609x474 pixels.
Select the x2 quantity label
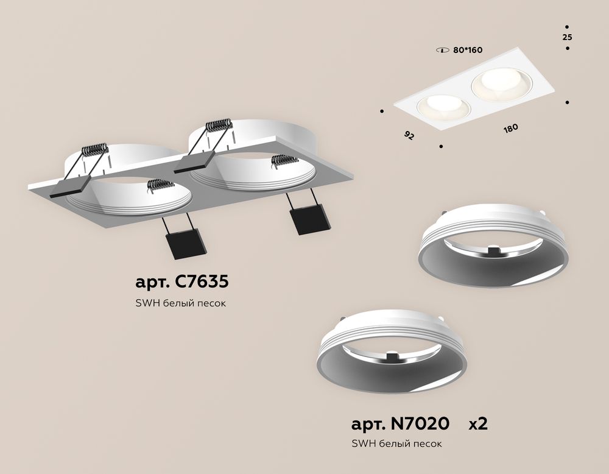click(x=478, y=423)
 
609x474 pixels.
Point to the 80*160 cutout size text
click(x=468, y=50)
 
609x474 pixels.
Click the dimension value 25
click(x=568, y=37)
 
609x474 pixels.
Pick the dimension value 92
click(x=409, y=135)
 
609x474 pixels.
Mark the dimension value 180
click(x=511, y=129)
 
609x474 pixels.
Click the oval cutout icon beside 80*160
click(x=443, y=50)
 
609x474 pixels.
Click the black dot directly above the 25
click(x=568, y=26)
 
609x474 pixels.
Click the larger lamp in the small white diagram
click(x=501, y=85)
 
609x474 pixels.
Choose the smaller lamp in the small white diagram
click(x=443, y=108)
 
